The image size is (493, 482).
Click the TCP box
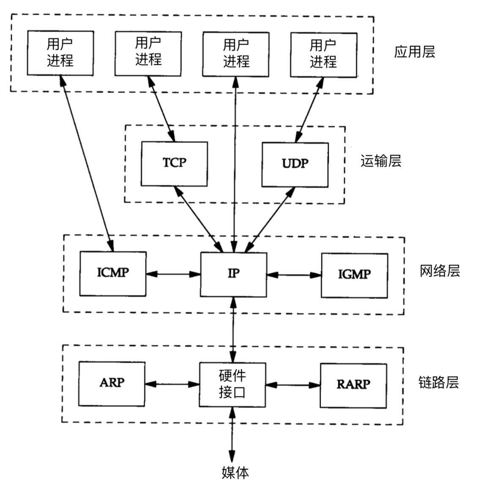tap(174, 164)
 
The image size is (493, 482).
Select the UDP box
tap(295, 164)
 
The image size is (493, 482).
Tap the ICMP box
tap(113, 274)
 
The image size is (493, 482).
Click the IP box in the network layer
tap(233, 274)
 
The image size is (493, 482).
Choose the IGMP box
tap(354, 275)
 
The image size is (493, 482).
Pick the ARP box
tap(112, 383)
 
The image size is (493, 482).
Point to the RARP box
tap(353, 385)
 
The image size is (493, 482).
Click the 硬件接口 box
tap(233, 384)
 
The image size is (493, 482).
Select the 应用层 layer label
tap(414, 52)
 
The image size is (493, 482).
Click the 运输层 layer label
tap(381, 161)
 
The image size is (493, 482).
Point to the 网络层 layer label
tap(440, 271)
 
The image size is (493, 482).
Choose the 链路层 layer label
tap(438, 383)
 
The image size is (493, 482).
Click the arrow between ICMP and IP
tap(173, 274)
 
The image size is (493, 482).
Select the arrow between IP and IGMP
tap(294, 275)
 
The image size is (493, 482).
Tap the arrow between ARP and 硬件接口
tap(173, 384)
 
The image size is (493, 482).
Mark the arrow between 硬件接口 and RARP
tap(293, 385)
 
